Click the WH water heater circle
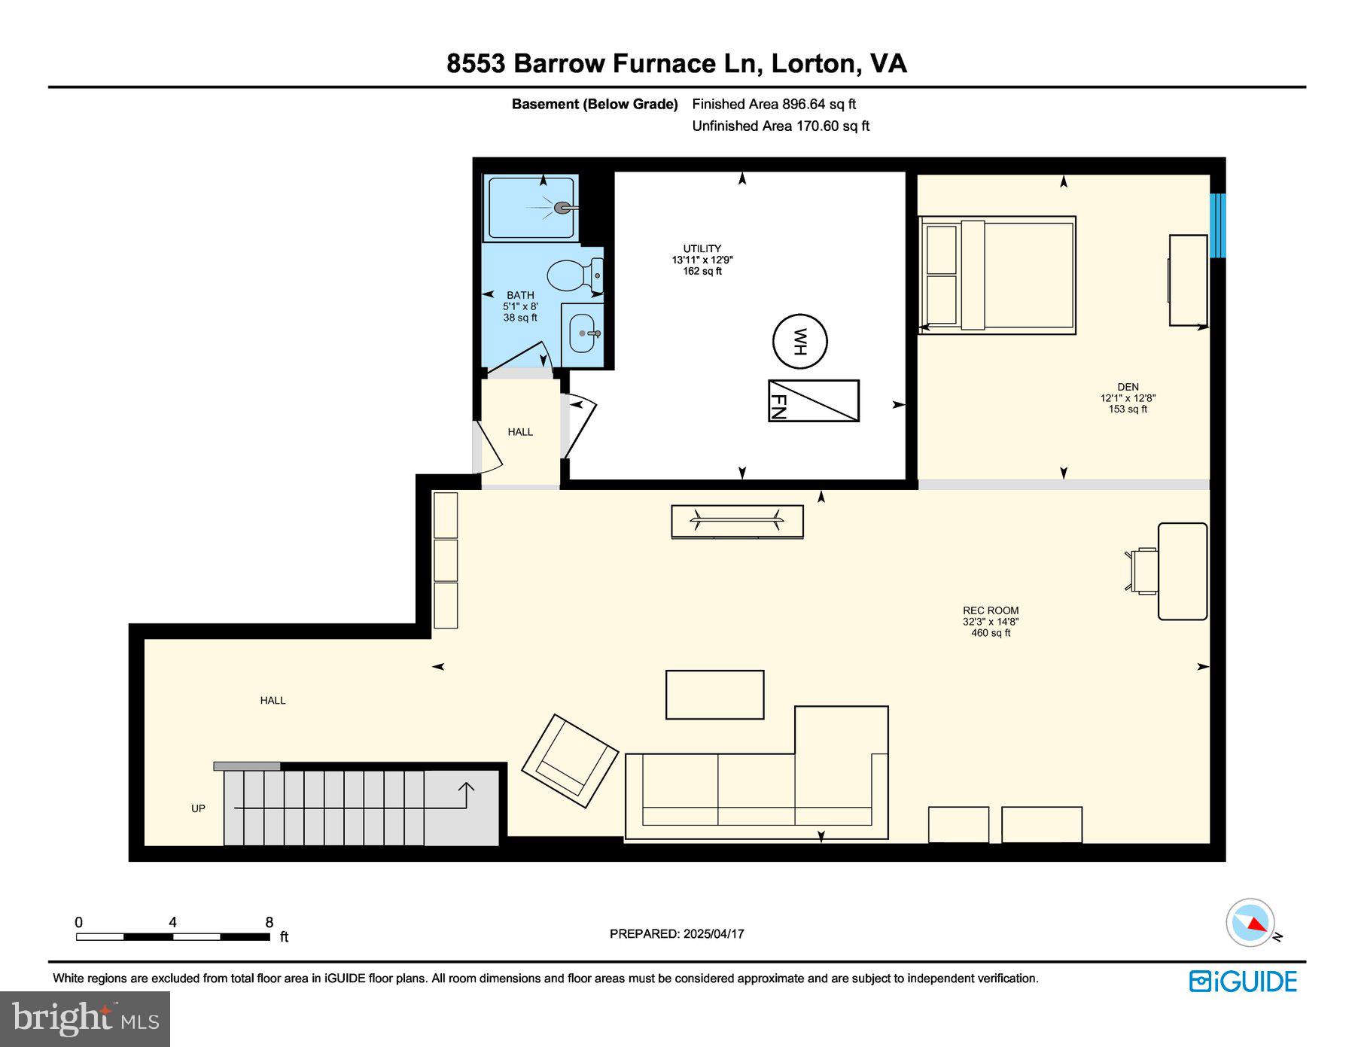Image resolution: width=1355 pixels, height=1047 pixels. coord(799,341)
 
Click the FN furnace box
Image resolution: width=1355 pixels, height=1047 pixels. coord(813,400)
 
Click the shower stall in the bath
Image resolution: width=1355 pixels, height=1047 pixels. coord(531,207)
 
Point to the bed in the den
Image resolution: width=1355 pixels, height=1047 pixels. coord(997,275)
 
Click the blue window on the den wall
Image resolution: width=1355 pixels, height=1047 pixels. coord(1217,226)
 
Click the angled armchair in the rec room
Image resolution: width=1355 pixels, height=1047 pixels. coord(570,760)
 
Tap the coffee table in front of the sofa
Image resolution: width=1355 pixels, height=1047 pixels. coord(714,694)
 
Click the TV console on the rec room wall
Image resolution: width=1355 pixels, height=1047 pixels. coord(737,521)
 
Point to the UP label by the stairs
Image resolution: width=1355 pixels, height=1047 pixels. coord(198,808)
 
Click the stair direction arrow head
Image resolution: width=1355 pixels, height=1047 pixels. coord(466,787)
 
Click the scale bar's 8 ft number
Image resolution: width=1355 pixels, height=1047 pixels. coord(269,922)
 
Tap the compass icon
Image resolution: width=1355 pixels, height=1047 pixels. coord(1250,922)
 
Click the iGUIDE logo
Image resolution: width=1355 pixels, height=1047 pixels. coord(1243,982)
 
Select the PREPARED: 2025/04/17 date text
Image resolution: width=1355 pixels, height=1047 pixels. coord(677,933)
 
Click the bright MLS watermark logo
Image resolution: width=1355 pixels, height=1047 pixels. coord(85,1018)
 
